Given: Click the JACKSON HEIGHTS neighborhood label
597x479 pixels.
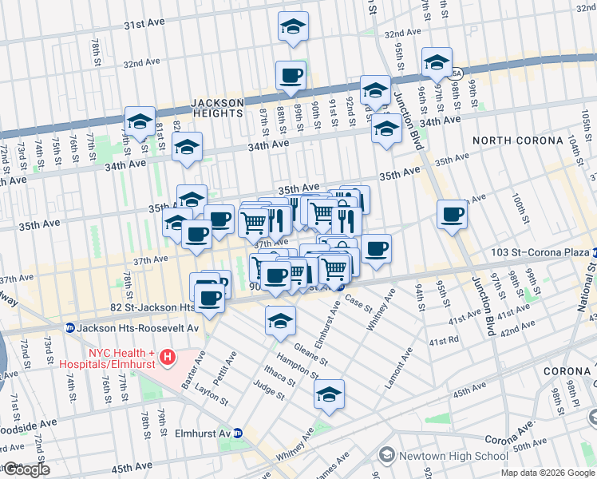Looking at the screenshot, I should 217,108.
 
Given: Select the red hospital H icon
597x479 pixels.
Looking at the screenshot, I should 167,356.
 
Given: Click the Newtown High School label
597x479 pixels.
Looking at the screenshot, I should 453,456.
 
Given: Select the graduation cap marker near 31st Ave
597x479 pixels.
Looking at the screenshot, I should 293,26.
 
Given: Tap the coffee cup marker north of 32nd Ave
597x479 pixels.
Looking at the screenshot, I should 291,75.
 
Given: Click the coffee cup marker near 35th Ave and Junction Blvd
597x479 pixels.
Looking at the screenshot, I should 452,214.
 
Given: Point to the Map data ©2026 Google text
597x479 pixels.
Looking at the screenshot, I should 548,473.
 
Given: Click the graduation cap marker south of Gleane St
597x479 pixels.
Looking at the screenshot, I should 328,394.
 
